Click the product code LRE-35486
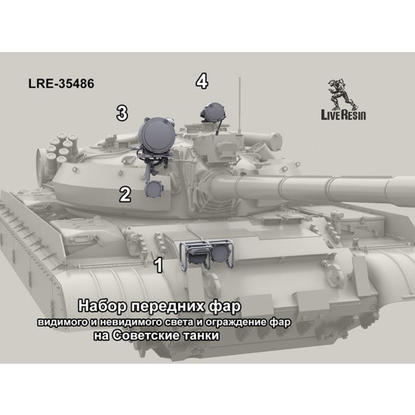(x=61, y=83)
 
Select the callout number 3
(x=122, y=113)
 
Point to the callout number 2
(x=125, y=194)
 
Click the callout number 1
(x=158, y=265)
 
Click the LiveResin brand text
(x=343, y=115)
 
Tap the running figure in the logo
(x=343, y=94)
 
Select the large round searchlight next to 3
(x=157, y=136)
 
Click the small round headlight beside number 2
(x=154, y=189)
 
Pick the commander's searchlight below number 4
(x=214, y=112)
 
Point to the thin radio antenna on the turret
(x=240, y=106)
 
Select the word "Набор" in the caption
(x=102, y=306)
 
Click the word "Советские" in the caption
(x=145, y=335)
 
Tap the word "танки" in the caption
(x=201, y=336)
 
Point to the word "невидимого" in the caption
(x=130, y=322)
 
